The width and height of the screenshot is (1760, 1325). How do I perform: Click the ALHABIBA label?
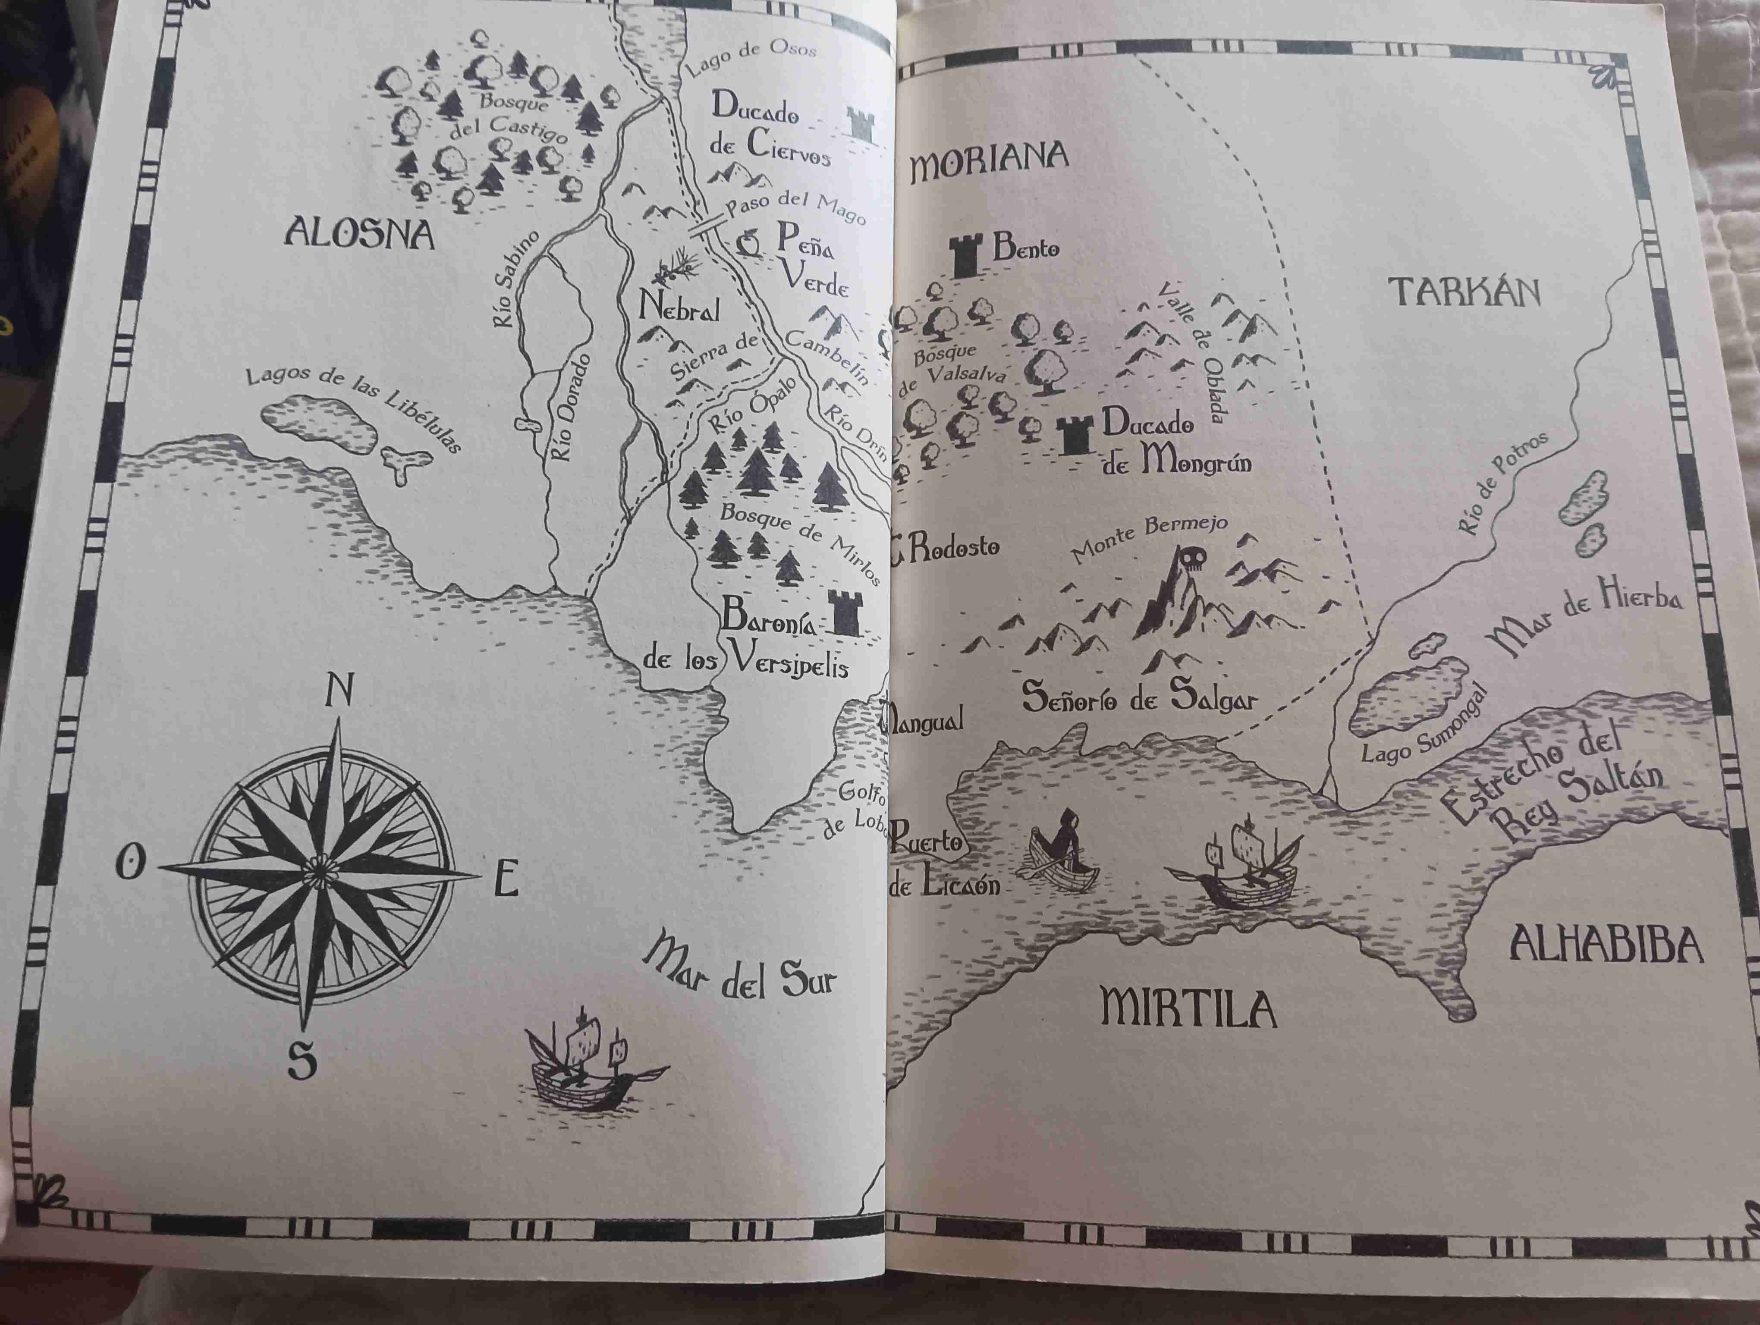pyautogui.click(x=1606, y=945)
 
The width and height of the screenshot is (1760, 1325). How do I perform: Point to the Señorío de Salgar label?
pyautogui.click(x=1138, y=697)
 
